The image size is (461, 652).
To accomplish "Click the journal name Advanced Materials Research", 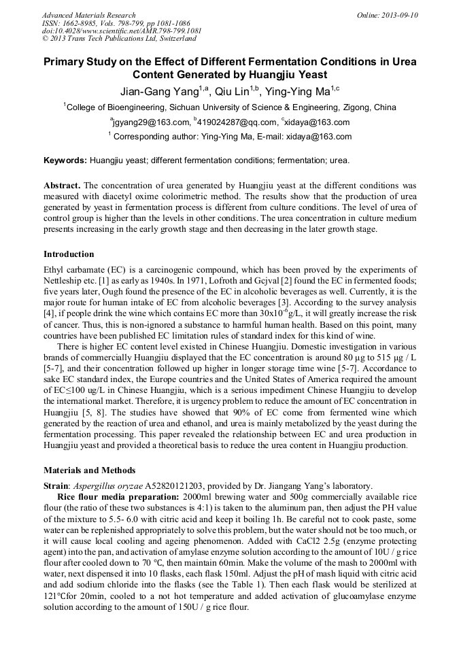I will click(x=88, y=15).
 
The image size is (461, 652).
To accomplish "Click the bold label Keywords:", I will click(x=65, y=161).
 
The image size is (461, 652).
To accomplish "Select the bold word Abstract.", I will click(x=62, y=186).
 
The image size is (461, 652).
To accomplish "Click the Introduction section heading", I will click(x=69, y=254).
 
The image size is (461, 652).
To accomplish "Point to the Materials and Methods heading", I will click(x=89, y=470).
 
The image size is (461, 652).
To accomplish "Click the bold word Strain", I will click(x=56, y=485).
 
